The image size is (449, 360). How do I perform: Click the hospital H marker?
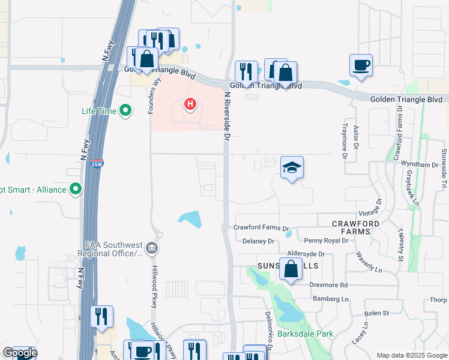[190, 105]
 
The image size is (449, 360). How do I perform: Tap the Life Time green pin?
[125, 110]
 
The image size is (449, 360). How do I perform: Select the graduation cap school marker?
[292, 167]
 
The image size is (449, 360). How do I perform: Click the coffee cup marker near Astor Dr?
[361, 65]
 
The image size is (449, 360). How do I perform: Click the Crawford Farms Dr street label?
[261, 228]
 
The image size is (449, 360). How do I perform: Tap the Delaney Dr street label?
[258, 241]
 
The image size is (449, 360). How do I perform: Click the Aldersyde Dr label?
[306, 254]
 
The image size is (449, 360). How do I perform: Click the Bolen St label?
[377, 313]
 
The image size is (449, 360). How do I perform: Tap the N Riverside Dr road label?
[227, 116]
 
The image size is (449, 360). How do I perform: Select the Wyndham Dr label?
[420, 164]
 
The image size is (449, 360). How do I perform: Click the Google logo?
[20, 353]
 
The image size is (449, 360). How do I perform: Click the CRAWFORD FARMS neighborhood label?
[355, 227]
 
